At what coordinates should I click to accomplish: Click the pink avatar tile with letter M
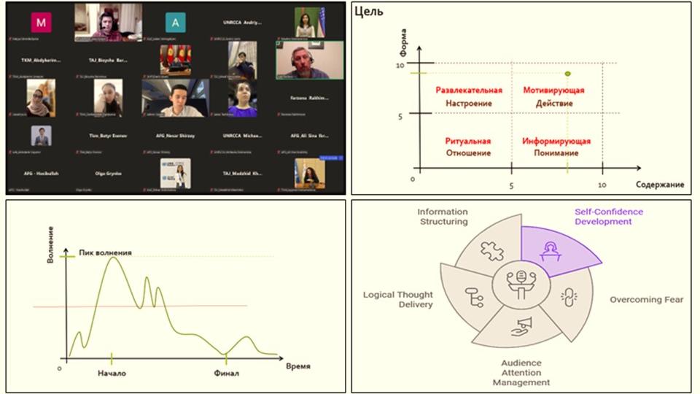point(41,23)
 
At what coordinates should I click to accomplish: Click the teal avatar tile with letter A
point(175,23)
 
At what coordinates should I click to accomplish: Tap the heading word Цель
point(369,11)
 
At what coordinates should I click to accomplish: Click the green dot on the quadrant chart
point(567,74)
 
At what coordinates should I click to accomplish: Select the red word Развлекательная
point(469,90)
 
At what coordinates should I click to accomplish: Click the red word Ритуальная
point(467,141)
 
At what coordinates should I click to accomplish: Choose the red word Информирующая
point(556,141)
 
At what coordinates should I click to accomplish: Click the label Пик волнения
point(106,252)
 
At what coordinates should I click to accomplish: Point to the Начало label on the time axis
point(112,373)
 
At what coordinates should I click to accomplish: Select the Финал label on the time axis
point(226,373)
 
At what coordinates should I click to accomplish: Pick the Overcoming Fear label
point(646,300)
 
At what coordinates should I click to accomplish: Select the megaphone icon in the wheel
point(521,325)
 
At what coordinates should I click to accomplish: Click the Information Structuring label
point(443,217)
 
